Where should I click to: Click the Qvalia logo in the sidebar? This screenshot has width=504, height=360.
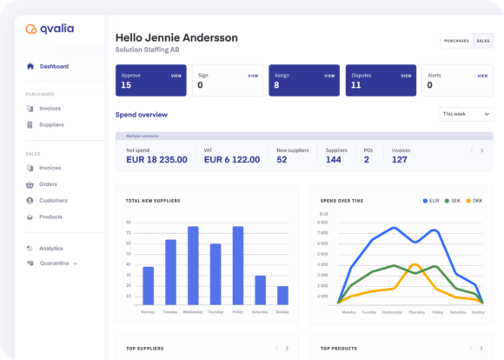(x=50, y=29)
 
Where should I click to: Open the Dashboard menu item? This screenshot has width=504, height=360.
(x=53, y=66)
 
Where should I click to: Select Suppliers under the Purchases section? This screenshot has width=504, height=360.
(x=52, y=124)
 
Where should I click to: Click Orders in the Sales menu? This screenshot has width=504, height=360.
(x=49, y=184)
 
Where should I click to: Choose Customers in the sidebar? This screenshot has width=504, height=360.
(x=53, y=200)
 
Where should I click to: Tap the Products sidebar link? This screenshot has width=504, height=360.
(x=50, y=217)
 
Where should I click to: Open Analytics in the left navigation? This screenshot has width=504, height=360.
(x=51, y=249)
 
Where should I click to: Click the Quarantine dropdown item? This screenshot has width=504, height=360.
(x=57, y=263)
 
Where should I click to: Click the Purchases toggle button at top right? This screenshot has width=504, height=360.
(x=456, y=40)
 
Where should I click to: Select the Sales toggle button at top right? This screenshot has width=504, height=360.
(x=482, y=40)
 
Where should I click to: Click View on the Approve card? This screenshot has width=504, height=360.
(x=176, y=76)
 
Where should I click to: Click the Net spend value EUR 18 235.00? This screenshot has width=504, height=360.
(x=156, y=159)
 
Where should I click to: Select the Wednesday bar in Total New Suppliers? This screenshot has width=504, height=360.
(x=193, y=265)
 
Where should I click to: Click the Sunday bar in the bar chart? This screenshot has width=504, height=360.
(x=282, y=295)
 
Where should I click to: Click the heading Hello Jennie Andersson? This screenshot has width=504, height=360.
(x=176, y=37)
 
